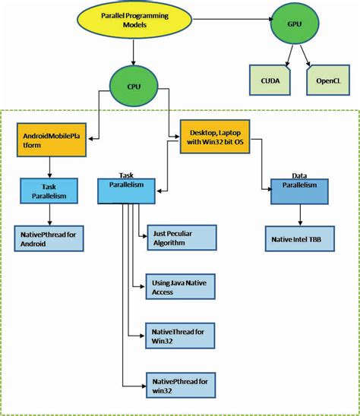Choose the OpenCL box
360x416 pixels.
point(323,79)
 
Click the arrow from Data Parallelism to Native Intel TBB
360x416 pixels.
point(298,214)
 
